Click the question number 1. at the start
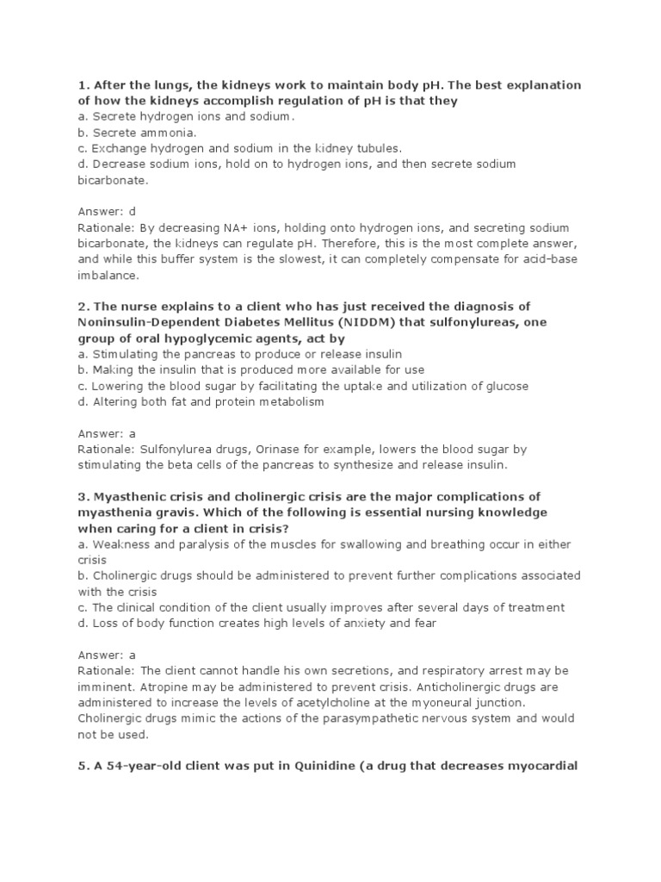pyautogui.click(x=83, y=85)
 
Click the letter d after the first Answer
pyautogui.click(x=133, y=211)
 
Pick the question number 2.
pyautogui.click(x=83, y=307)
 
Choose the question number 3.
pyautogui.click(x=83, y=497)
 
